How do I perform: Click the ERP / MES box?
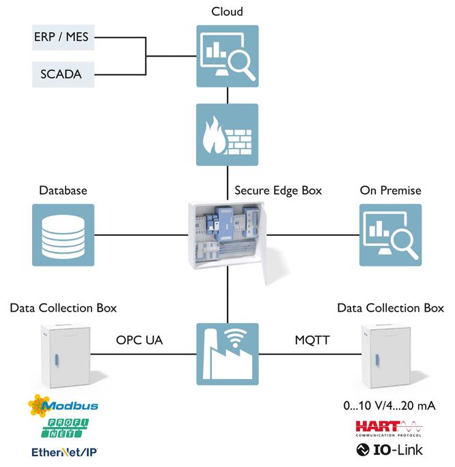coord(64,37)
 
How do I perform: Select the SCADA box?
coord(64,74)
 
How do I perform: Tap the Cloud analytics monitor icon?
coord(227,57)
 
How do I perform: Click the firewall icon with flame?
coord(227,134)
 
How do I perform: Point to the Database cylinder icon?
coord(64,235)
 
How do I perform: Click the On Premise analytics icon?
coord(391,235)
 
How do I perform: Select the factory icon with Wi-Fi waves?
coord(227,354)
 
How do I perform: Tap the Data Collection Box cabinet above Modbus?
coord(66,356)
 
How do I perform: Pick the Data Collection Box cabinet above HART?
coord(387,357)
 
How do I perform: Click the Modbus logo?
coord(64,406)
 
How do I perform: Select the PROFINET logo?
coord(65,428)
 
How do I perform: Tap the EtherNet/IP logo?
coord(64,452)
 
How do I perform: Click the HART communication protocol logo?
coord(389,429)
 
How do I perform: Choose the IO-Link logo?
coord(389,450)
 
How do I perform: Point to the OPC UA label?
coord(139,340)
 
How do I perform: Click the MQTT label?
coord(312,340)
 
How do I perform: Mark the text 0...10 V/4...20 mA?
coord(389,406)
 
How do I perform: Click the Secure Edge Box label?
coord(278,191)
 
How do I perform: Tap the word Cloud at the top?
coord(227,12)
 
